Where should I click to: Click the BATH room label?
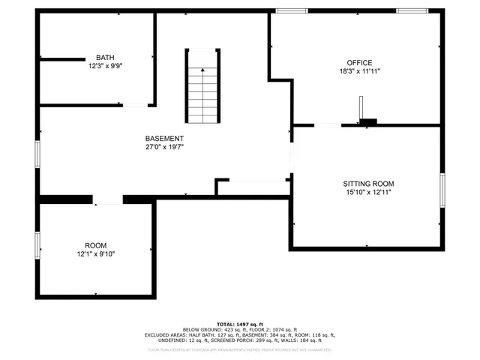(x=105, y=58)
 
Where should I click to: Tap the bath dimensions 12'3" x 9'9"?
(x=105, y=66)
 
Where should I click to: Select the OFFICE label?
(x=359, y=63)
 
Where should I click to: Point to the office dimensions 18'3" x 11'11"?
(x=359, y=71)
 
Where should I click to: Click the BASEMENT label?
(x=164, y=139)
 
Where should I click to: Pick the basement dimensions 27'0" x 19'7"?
(x=164, y=147)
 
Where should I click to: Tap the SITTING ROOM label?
(x=368, y=184)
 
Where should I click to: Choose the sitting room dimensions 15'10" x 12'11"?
(x=368, y=192)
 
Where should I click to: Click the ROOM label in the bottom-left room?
(x=95, y=246)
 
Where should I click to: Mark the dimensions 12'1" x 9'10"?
(x=95, y=254)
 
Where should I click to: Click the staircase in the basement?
(x=203, y=87)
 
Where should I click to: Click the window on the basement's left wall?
(x=37, y=152)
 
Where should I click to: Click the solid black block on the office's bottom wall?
(x=368, y=121)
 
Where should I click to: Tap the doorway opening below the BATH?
(x=135, y=105)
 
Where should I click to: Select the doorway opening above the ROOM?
(x=107, y=199)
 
